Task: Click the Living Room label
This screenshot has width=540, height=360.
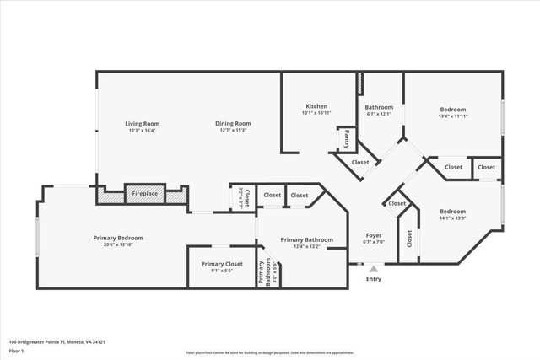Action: point(143,124)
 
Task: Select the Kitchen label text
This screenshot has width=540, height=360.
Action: point(316,105)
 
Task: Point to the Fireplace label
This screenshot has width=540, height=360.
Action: point(144,194)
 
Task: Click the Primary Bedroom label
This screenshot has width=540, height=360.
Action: point(118,238)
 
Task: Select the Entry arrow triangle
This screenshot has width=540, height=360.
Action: point(374,268)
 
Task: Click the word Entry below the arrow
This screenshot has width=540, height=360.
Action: point(373,279)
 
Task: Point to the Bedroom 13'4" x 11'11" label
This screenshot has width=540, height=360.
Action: point(453,109)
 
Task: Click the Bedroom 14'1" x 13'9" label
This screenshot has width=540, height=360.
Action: point(452,212)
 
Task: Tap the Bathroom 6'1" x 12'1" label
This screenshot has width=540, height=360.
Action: point(379,107)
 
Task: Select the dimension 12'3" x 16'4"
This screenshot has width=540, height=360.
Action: point(143,131)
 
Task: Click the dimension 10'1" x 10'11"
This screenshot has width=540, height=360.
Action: point(316,112)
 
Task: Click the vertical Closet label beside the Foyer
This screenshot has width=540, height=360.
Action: point(409,239)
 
